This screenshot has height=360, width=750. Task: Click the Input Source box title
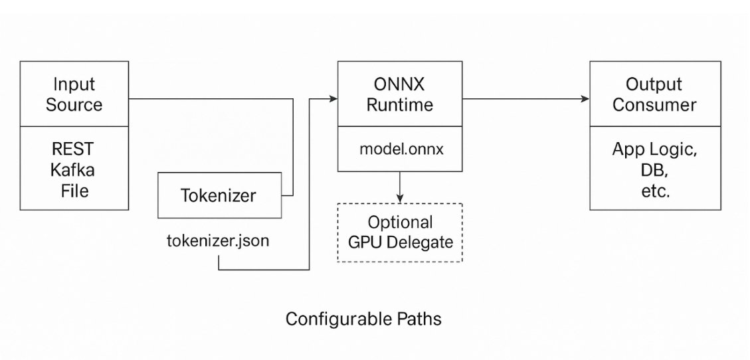click(x=74, y=94)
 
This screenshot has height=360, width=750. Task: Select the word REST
click(x=73, y=148)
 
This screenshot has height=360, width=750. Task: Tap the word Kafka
click(x=73, y=169)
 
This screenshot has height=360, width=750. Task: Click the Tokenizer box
click(x=218, y=195)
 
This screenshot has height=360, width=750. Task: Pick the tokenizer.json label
click(x=218, y=240)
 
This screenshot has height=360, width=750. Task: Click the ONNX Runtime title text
click(x=400, y=94)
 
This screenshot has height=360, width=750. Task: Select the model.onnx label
click(x=401, y=149)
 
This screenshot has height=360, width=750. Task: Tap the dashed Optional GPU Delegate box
click(x=400, y=232)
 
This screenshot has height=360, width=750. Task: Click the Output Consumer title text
click(x=654, y=94)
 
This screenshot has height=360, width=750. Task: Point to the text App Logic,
click(x=654, y=149)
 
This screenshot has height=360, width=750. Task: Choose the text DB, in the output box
click(x=654, y=171)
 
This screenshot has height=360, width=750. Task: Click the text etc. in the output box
click(x=654, y=192)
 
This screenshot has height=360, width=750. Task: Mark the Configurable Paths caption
click(x=363, y=319)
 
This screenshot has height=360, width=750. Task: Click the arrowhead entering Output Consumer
click(x=585, y=99)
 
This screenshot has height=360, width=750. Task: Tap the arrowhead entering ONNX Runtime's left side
click(x=333, y=99)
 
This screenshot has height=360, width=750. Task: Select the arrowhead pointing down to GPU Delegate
click(x=400, y=197)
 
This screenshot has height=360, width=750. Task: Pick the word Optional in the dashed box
click(x=400, y=222)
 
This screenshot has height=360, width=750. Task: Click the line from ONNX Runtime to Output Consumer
click(x=525, y=99)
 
